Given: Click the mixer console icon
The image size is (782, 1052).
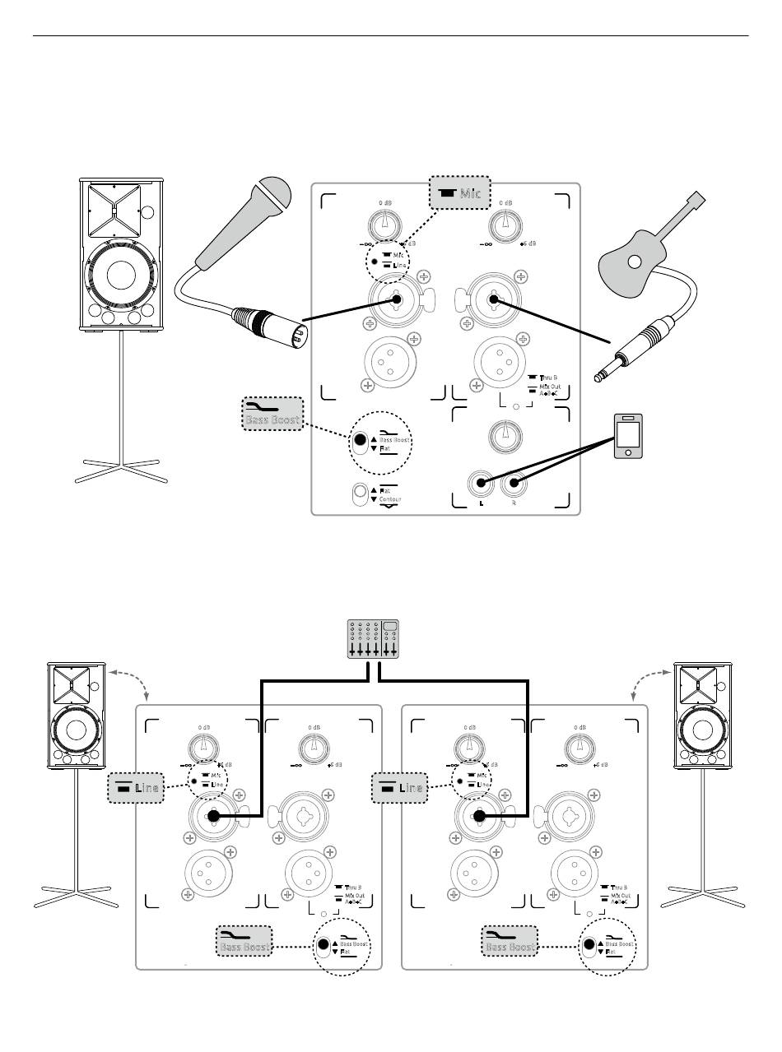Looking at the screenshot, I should [x=372, y=638].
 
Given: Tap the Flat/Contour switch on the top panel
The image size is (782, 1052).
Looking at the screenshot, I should [x=361, y=495].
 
